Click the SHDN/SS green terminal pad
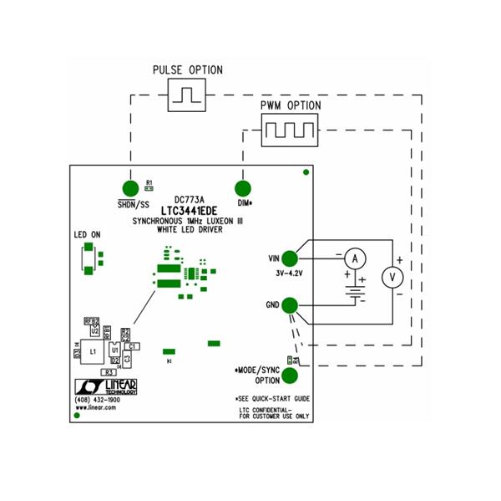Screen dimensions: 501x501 point(129,188)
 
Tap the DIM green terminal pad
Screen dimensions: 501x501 point(244,189)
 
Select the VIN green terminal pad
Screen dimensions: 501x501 point(289,259)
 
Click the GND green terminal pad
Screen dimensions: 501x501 point(289,306)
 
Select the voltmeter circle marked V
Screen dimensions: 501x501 point(389,277)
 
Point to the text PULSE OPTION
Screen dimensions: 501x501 point(188,69)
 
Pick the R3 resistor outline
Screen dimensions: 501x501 point(108,372)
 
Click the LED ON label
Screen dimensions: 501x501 point(87,236)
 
